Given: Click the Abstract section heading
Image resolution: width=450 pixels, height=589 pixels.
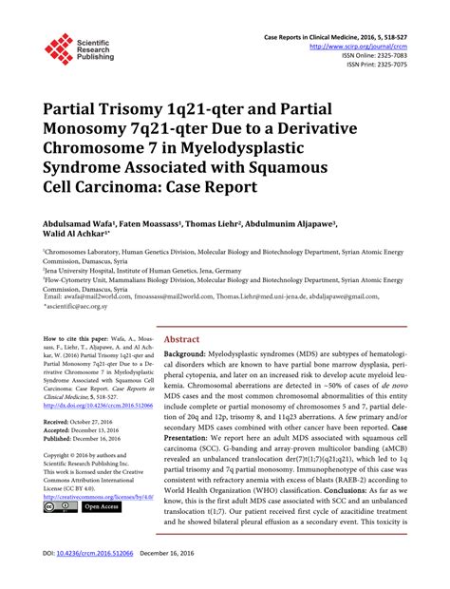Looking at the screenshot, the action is click(181, 338).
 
